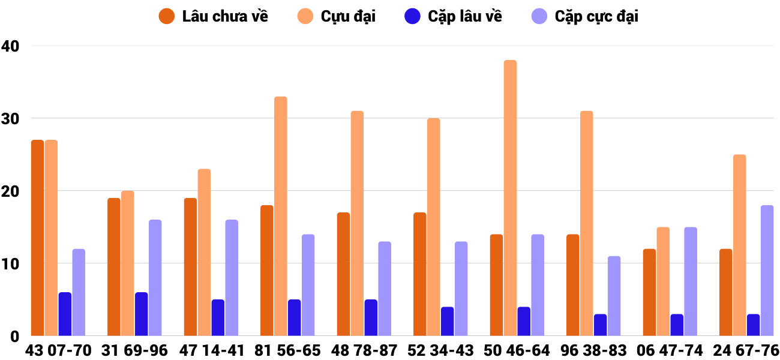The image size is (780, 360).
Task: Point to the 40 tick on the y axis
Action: click(x=10, y=46)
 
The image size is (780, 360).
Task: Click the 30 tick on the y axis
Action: click(x=10, y=118)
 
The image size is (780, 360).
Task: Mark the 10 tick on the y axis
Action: click(x=10, y=263)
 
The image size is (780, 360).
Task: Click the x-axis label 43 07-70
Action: click(x=58, y=350)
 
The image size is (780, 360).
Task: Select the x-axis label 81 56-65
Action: click(x=287, y=350)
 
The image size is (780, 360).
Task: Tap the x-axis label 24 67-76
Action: click(x=746, y=350)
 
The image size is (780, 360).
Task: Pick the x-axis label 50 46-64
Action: click(x=517, y=350)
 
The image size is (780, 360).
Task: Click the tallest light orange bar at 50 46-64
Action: click(x=510, y=198)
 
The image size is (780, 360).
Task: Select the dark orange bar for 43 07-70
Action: click(x=37, y=238)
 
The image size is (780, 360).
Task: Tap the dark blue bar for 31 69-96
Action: click(x=141, y=314)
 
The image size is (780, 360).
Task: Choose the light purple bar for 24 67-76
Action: click(x=767, y=271)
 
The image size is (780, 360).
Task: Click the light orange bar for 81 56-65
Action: click(x=281, y=216)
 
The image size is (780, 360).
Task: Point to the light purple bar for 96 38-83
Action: click(x=614, y=296)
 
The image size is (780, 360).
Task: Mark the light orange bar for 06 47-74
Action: click(x=663, y=281)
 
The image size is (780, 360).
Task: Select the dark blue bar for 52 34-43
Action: click(x=447, y=321)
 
